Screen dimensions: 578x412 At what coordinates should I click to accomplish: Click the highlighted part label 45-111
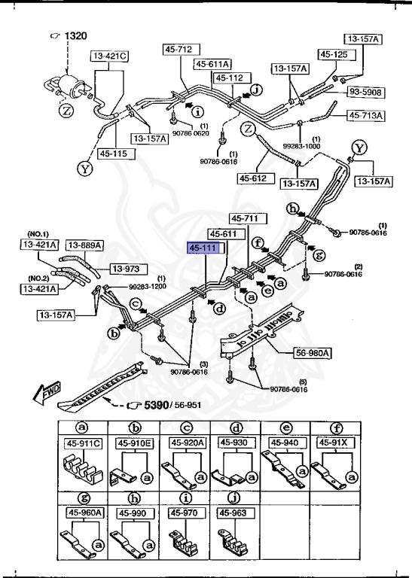pos(205,248)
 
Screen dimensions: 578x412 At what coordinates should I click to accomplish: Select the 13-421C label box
pos(111,56)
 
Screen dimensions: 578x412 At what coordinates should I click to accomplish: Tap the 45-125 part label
pos(334,54)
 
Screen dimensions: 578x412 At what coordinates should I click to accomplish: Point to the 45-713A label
pos(366,115)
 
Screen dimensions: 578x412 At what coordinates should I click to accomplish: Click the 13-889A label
pos(84,245)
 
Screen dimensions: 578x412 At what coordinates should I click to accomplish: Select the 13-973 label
pos(129,269)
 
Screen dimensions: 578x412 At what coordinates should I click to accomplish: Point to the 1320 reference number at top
pos(75,36)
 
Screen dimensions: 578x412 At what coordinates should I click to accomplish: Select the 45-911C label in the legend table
pos(84,443)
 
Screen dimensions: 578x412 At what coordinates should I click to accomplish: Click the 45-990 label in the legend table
pos(133,513)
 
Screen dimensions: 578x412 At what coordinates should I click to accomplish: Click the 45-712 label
pos(179,50)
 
